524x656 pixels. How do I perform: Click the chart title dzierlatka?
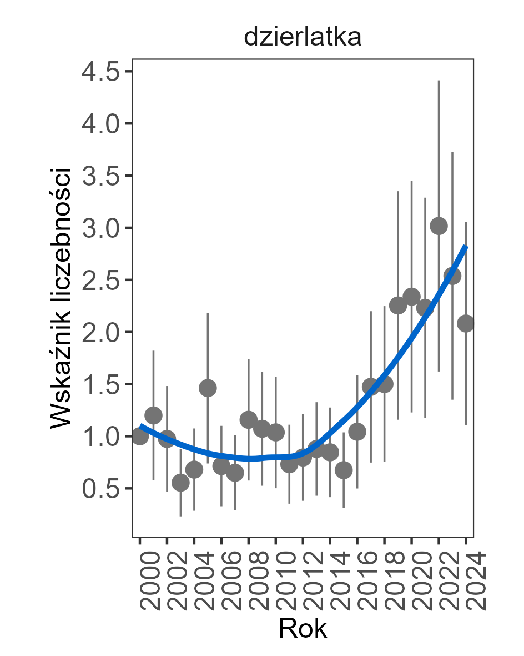coord(303,37)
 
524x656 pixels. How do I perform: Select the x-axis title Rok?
coord(303,629)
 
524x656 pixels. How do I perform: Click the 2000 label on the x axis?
coord(140,581)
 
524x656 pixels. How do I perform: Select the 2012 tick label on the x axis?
coord(303,581)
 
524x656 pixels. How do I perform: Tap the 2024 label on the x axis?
coord(466,581)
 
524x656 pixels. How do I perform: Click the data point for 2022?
coord(439,226)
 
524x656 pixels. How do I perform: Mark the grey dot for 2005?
coord(208,388)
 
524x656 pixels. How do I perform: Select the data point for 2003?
coord(180,483)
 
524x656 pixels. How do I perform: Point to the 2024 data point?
coord(466,323)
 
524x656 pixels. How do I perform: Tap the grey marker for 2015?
coord(344,470)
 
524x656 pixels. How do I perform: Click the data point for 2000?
coord(140,436)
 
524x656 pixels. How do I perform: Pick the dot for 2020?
coord(411,296)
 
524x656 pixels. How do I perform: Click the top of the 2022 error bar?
coord(439,81)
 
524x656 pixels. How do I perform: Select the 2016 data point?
coord(357,432)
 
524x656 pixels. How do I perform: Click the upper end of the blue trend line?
coord(466,246)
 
